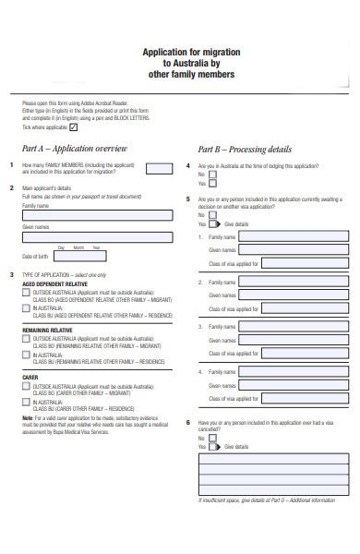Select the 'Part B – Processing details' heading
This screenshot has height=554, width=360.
245,149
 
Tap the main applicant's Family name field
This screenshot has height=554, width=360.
96,214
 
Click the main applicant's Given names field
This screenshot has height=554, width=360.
96,235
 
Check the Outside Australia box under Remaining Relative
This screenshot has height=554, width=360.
26,339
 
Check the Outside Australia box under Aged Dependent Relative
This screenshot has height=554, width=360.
26,295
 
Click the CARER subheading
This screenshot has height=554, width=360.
30,378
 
